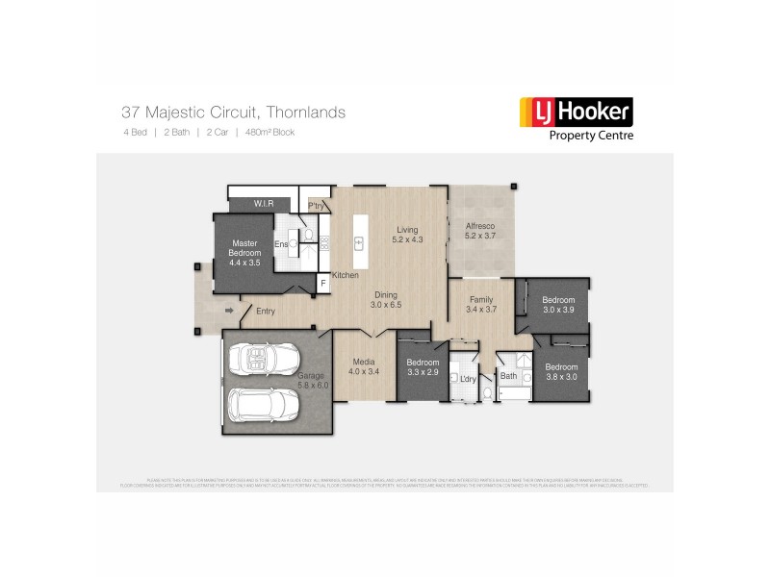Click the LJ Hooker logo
tap(576, 118)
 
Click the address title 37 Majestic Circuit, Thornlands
tap(234, 113)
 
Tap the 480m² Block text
tap(269, 132)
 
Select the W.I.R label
tap(265, 204)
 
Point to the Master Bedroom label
tap(245, 252)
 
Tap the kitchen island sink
tap(360, 242)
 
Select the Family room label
tap(480, 305)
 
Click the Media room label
tap(363, 365)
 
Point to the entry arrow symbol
tap(229, 311)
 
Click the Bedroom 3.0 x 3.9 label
tap(557, 304)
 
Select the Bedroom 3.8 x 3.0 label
tap(561, 371)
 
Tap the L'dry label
tap(469, 379)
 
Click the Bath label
tap(508, 376)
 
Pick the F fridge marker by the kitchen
tap(323, 284)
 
